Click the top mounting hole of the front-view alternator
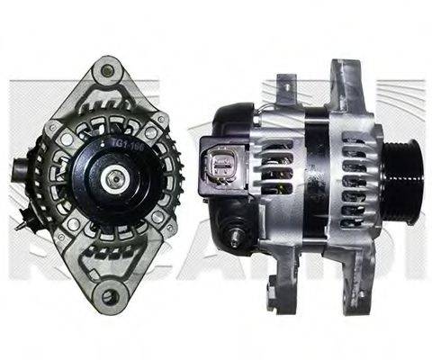(x=108, y=69)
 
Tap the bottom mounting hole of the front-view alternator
(x=110, y=295)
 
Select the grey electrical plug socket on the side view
(x=222, y=167)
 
